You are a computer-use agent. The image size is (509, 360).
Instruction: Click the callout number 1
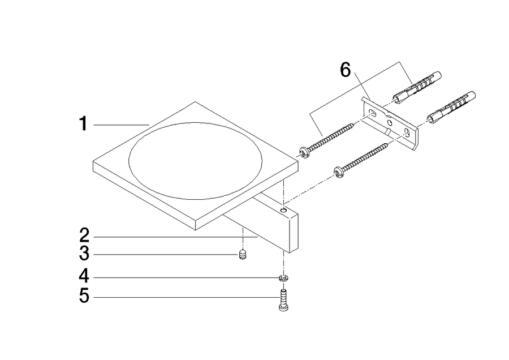[x=84, y=124]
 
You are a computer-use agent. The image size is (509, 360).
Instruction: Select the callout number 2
[x=84, y=235]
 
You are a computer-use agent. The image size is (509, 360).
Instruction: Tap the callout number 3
[x=84, y=253]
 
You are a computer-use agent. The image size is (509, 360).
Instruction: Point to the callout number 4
[x=84, y=276]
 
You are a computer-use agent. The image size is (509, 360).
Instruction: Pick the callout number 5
[x=84, y=296]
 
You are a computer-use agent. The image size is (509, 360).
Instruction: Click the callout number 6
[x=346, y=70]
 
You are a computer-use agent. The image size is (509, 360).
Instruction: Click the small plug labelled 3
[x=243, y=254]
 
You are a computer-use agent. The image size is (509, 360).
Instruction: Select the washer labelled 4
[x=284, y=278]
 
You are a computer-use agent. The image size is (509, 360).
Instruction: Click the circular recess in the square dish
[x=195, y=161]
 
